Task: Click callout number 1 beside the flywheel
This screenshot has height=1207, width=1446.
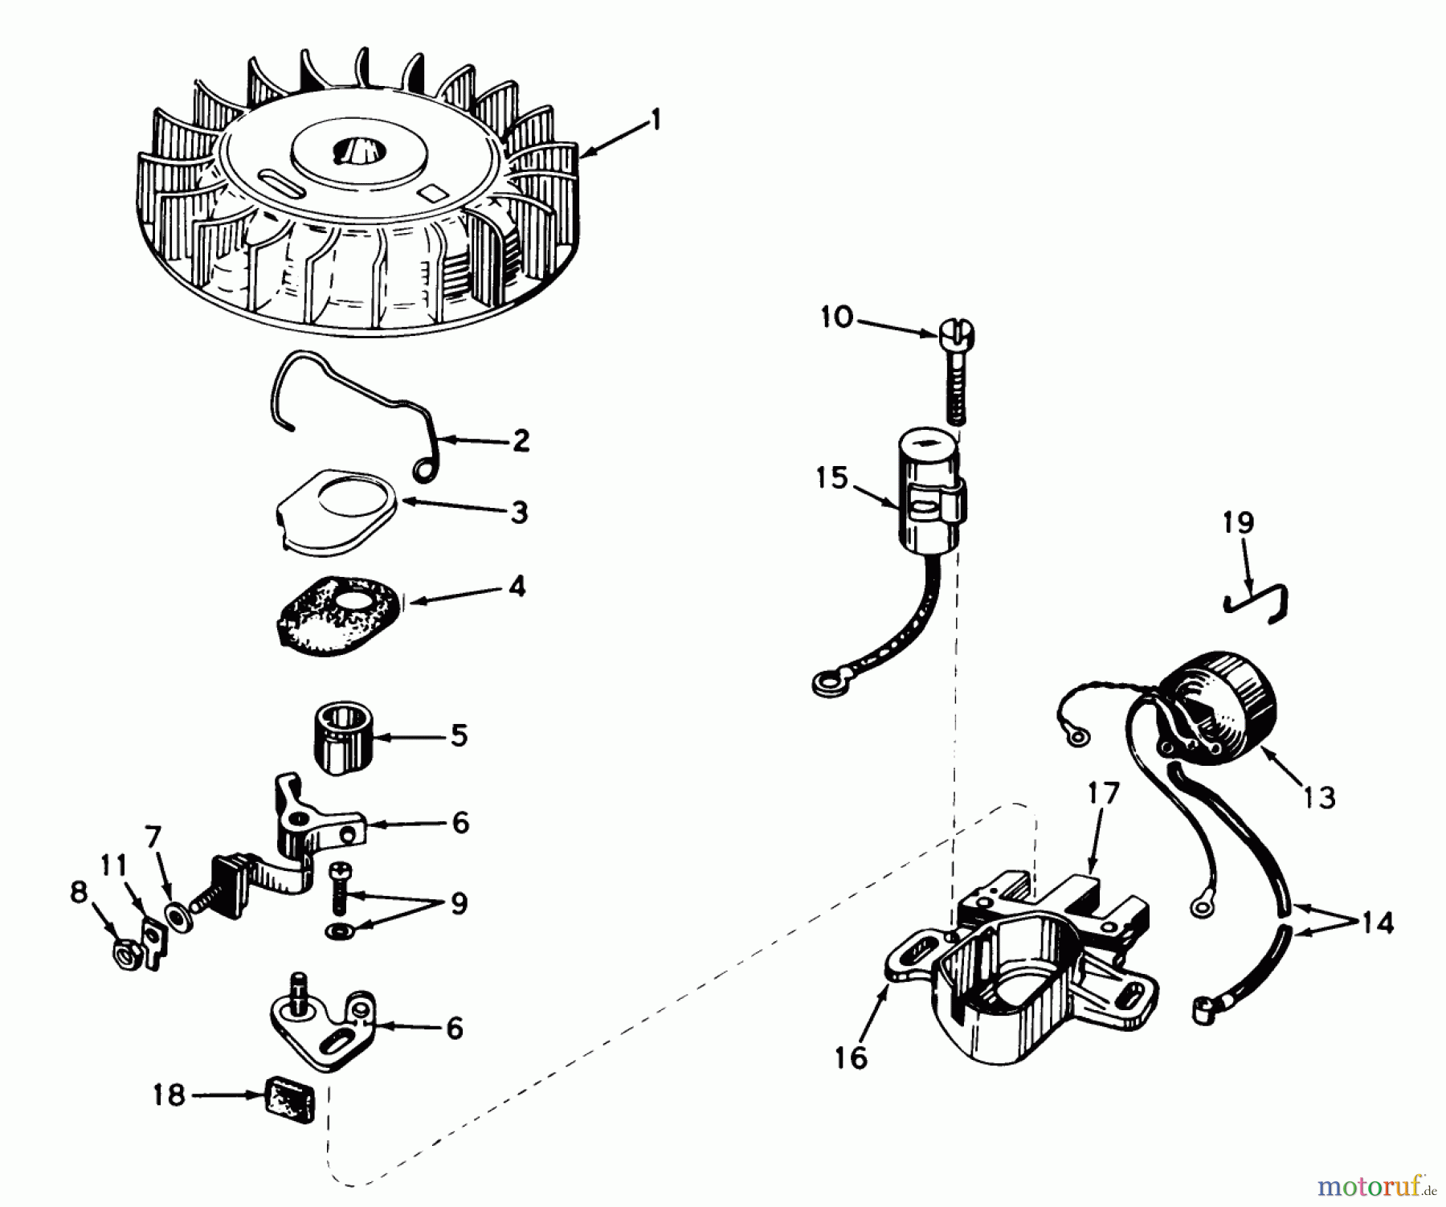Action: (656, 121)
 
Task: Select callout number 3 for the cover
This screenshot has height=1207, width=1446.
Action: (520, 512)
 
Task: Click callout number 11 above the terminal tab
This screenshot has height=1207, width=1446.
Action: (114, 866)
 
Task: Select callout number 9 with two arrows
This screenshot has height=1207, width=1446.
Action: (458, 904)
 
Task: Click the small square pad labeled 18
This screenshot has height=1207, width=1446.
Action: (288, 1099)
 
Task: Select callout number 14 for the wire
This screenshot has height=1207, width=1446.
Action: (1377, 923)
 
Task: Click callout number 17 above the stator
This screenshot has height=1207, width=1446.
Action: (1103, 794)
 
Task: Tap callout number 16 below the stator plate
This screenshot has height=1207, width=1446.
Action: (852, 1058)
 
